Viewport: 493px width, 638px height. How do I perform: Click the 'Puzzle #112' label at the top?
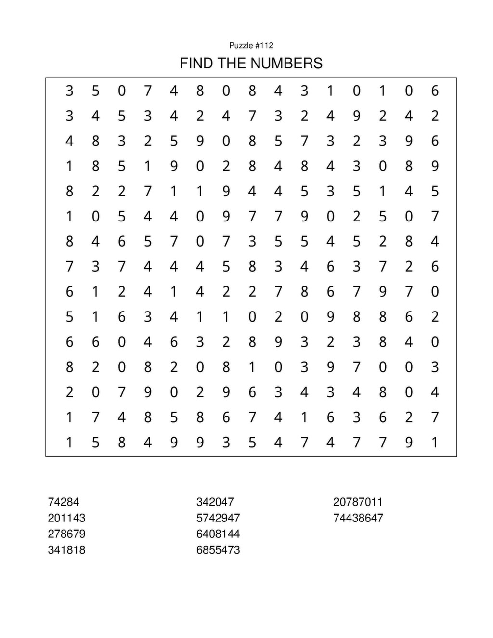click(x=251, y=45)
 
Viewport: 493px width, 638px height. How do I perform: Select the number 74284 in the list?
click(x=63, y=502)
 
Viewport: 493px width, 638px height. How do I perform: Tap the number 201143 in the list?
click(x=66, y=518)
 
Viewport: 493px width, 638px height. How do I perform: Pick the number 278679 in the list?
click(x=66, y=534)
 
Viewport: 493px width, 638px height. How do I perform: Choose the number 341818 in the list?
click(x=66, y=550)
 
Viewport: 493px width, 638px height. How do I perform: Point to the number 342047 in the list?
click(x=215, y=502)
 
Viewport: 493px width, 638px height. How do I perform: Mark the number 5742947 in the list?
click(x=218, y=518)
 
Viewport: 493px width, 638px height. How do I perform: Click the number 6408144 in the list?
click(x=218, y=534)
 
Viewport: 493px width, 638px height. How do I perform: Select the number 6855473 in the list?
click(x=218, y=550)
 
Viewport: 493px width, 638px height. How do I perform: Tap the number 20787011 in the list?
click(x=358, y=502)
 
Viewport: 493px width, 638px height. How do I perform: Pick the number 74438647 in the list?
click(x=358, y=518)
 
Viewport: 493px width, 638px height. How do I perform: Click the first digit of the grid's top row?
click(x=69, y=91)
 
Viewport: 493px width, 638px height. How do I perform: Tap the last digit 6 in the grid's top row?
click(x=435, y=91)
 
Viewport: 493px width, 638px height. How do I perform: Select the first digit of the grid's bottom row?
click(x=69, y=442)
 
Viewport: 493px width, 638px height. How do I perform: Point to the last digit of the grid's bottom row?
click(x=435, y=442)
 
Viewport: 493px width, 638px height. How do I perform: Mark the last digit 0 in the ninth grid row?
click(x=435, y=291)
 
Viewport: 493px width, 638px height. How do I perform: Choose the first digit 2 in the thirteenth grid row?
click(x=69, y=392)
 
